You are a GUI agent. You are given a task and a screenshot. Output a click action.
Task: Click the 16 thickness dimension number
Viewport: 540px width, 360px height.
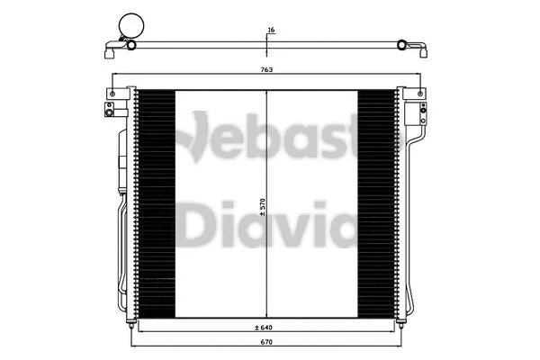(270, 31)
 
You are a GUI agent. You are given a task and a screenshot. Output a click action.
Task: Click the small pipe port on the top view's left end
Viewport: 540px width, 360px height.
(131, 44)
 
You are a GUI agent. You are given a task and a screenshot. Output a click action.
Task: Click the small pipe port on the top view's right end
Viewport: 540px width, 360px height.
(403, 44)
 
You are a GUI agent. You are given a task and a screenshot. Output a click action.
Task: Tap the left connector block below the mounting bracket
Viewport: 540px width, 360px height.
(108, 111)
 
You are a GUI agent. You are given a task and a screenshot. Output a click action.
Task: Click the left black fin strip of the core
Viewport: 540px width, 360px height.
(155, 202)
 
